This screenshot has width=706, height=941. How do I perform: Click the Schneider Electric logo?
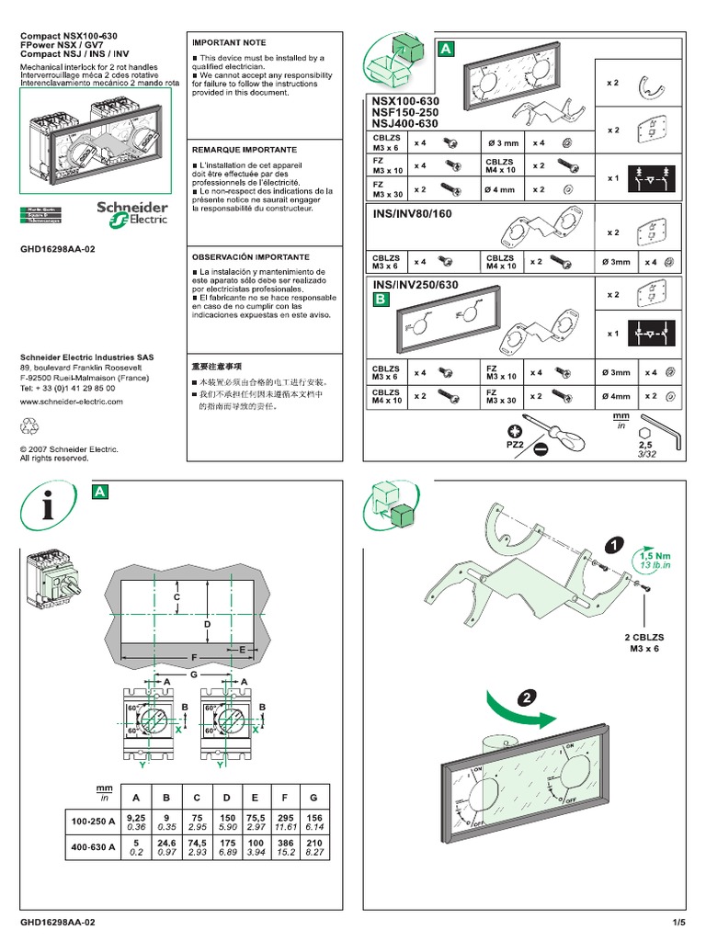coord(132,214)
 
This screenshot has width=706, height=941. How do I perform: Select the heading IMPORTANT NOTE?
coord(228,42)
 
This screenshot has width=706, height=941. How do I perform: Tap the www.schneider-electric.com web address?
coord(70,402)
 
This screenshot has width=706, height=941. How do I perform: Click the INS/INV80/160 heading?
coord(414,214)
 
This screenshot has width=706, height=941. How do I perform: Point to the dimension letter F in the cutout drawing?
coord(193,657)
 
